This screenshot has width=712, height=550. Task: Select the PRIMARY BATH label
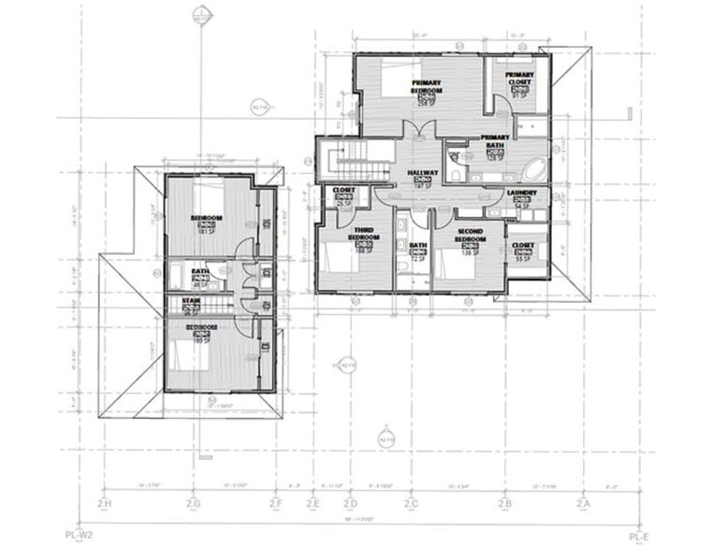[x=495, y=141]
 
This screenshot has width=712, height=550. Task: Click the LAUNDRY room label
[x=520, y=194]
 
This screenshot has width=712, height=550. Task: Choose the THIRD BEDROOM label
[x=364, y=233]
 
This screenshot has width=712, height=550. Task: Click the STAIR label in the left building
[x=190, y=301]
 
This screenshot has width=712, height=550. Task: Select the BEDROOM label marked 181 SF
[x=206, y=219]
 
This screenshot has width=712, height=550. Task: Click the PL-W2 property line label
[x=77, y=538]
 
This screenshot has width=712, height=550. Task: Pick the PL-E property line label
[x=639, y=538]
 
